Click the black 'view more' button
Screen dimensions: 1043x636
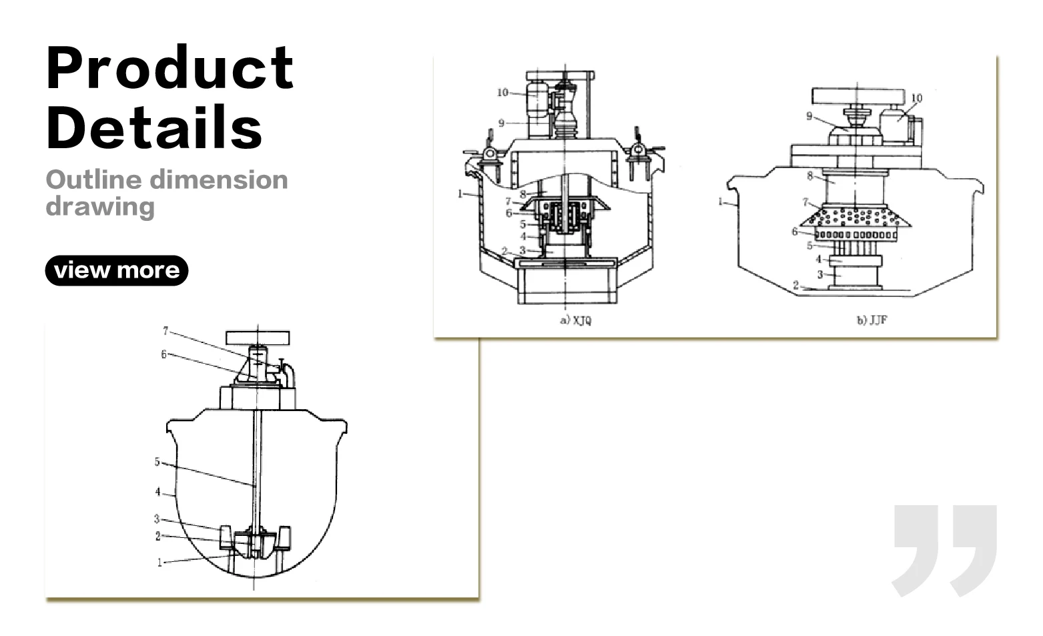tap(116, 270)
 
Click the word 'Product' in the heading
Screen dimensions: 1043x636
tap(170, 68)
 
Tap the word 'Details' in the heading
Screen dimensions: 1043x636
tap(155, 126)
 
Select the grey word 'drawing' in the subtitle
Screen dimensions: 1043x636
tap(100, 206)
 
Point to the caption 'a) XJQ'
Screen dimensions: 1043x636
tap(575, 320)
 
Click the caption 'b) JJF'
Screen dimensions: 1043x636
tap(872, 320)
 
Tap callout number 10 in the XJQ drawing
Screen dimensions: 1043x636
tap(502, 92)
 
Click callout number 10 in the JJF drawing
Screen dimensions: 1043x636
tap(916, 98)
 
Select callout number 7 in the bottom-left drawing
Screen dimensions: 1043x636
tap(165, 330)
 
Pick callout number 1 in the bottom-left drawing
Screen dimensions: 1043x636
tap(159, 563)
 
